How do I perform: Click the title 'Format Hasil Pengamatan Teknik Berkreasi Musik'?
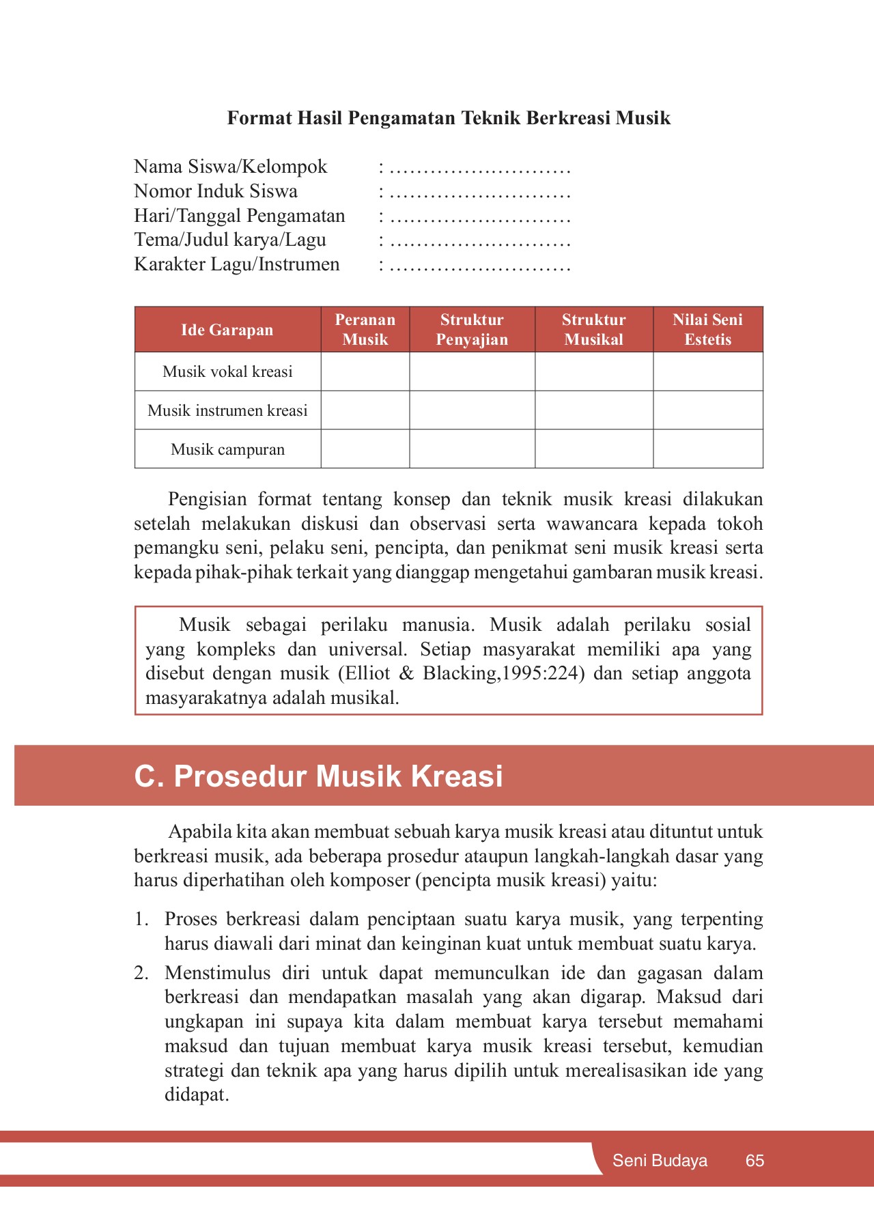coord(449,118)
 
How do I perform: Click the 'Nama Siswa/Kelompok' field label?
coord(230,167)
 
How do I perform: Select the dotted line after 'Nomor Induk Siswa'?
coord(480,192)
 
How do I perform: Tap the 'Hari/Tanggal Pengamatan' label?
coord(239,216)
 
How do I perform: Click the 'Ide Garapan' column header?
coord(227,330)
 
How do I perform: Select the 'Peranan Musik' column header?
coord(365,330)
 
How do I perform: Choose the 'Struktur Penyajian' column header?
coord(472,330)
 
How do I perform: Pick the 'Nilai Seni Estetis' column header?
coord(707,330)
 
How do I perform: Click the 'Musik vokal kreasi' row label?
coord(227,371)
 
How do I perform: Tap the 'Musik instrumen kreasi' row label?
coord(227,410)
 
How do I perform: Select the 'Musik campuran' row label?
coord(227,449)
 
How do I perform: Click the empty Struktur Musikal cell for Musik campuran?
coord(593,449)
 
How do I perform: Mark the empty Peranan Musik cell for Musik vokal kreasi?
coord(365,371)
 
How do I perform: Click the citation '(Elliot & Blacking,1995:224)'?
coord(462,674)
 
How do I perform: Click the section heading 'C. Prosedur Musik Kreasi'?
coord(318,776)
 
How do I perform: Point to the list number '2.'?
coord(141,973)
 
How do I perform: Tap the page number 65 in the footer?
coord(755,1161)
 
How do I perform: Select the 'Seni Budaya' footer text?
coord(660,1161)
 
